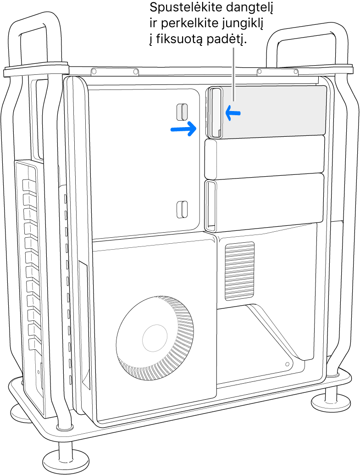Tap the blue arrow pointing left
pyautogui.click(x=233, y=113)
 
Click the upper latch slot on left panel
pyautogui.click(x=182, y=111)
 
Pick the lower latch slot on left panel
pyautogui.click(x=182, y=209)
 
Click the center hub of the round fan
pyautogui.click(x=155, y=338)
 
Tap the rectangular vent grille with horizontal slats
pyautogui.click(x=239, y=271)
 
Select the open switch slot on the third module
pyautogui.click(x=211, y=205)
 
